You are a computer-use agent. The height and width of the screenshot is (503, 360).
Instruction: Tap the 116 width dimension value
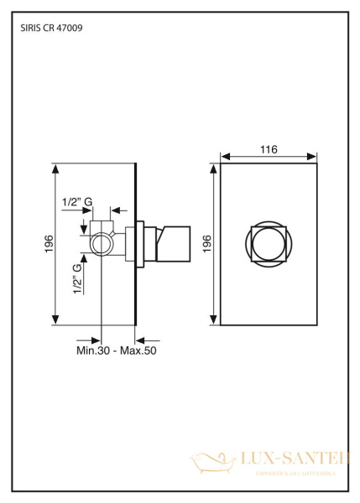coord(269,149)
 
